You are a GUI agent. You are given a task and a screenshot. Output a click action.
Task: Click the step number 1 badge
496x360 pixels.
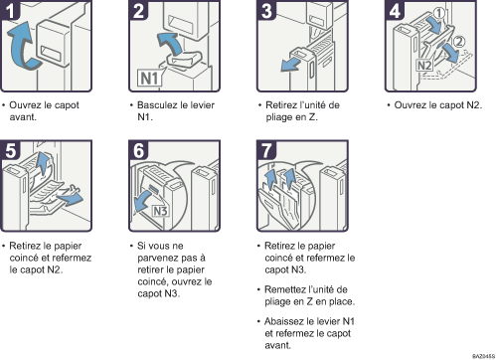coord(10,10)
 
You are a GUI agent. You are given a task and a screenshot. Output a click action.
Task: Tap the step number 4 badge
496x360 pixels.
coord(395,10)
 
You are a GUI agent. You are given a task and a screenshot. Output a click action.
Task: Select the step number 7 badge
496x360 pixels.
coord(266,150)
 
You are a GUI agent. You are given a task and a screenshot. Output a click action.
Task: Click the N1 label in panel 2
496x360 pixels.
coord(150,79)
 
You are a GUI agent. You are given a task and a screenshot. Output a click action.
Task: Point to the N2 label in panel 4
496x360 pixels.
coord(424,66)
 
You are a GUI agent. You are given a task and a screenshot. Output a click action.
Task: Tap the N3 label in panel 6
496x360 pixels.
coord(160,211)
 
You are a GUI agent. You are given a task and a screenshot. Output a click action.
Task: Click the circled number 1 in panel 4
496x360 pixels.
coord(438,14)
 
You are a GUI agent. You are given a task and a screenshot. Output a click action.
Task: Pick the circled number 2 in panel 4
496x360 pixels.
coord(458,42)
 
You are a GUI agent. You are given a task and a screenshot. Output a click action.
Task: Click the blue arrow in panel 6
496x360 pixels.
coord(145,201)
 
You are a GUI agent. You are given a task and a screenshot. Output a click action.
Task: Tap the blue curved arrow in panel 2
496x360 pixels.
coord(171,43)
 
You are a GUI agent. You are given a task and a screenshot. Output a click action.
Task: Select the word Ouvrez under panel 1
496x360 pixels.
coord(25,105)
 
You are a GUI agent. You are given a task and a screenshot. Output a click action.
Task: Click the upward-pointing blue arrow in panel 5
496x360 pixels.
coord(42,162)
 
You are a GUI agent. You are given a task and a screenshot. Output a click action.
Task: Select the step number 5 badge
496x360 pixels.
coord(10,150)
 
